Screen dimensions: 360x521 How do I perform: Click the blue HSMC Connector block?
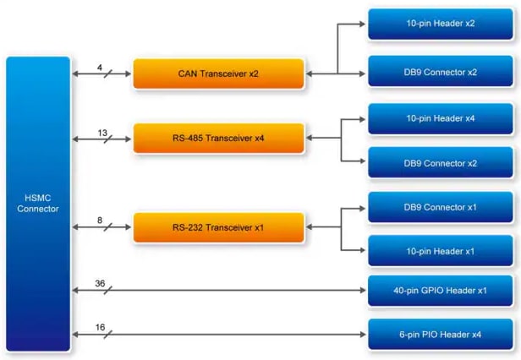[x=38, y=204]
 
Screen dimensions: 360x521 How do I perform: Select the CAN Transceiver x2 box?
[x=218, y=74]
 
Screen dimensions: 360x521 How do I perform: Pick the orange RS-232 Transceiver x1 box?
[x=218, y=228]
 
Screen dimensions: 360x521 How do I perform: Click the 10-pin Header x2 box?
[x=440, y=24]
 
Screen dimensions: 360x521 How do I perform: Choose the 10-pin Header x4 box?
[x=440, y=118]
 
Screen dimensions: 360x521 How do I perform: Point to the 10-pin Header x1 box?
[x=440, y=251]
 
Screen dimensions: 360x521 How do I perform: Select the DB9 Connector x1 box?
[x=440, y=208]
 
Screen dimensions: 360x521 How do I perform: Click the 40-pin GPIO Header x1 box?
[x=440, y=291]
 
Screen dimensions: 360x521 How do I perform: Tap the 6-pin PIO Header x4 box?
[x=440, y=335]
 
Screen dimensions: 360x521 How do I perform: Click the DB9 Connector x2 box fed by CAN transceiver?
[x=440, y=73]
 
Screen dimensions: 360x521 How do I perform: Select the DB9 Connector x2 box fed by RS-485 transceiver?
[x=440, y=163]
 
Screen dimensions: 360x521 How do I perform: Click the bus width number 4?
[x=100, y=67]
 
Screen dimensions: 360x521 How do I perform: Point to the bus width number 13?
[x=102, y=132]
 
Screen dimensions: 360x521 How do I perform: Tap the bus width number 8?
[x=100, y=221]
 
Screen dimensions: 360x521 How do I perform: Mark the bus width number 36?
[x=100, y=284]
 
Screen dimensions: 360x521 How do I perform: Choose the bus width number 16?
[x=100, y=327]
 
